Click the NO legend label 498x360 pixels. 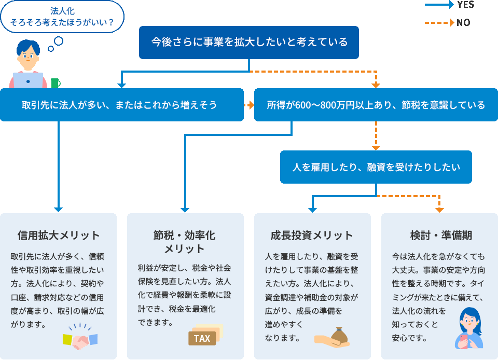(463, 22)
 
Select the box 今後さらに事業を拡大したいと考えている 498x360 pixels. (249, 42)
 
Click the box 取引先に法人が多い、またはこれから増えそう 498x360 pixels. (121, 105)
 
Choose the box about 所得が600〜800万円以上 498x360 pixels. (376, 105)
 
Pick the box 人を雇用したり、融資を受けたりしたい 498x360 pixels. (376, 167)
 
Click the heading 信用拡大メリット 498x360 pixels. (58, 235)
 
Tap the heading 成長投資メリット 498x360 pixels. (312, 235)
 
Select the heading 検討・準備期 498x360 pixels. (439, 235)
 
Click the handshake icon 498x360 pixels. (80, 339)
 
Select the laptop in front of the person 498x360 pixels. (28, 80)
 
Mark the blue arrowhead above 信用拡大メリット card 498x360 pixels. (58, 209)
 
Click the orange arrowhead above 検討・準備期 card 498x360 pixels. (439, 209)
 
